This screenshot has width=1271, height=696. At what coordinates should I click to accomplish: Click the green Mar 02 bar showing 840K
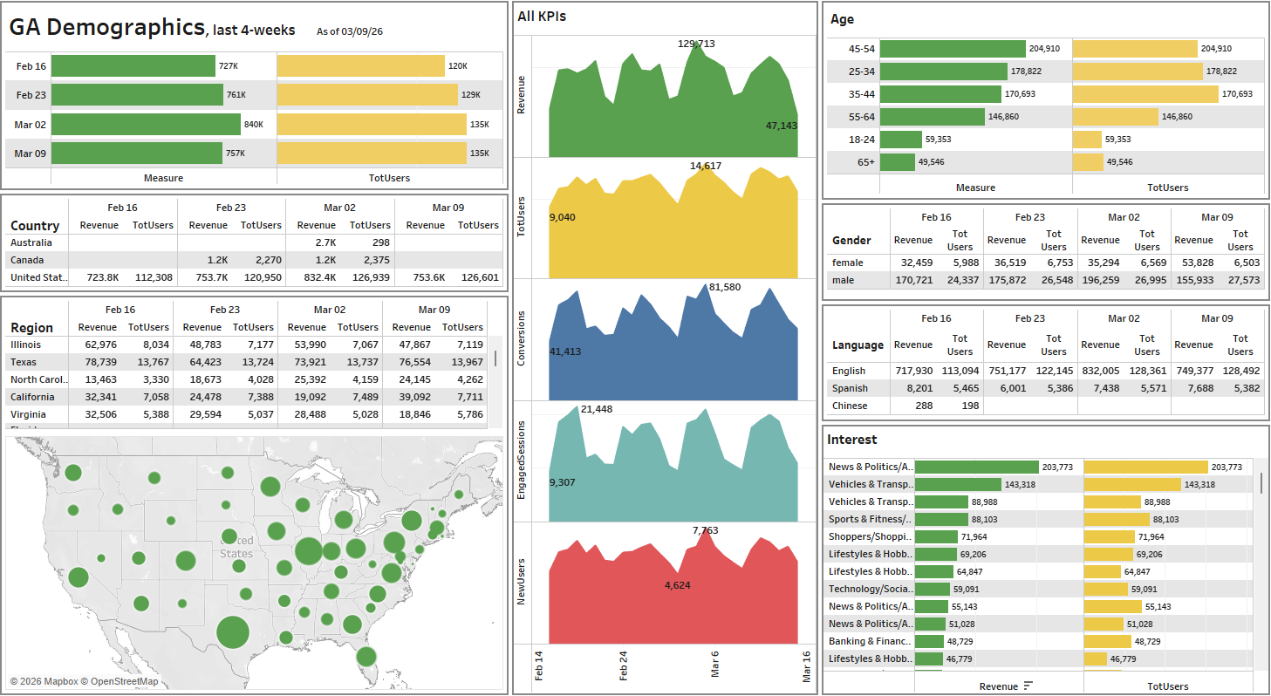coord(146,125)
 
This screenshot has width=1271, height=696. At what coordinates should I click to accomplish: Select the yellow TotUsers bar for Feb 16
coord(360,66)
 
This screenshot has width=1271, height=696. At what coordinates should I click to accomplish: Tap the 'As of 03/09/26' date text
coord(350,31)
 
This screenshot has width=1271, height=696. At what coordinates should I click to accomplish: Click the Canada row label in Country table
coord(26,260)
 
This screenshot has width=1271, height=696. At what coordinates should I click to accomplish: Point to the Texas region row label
coord(24,362)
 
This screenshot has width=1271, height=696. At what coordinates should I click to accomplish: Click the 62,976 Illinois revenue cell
coord(100,345)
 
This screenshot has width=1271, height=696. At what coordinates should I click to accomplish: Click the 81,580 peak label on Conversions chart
coord(725,287)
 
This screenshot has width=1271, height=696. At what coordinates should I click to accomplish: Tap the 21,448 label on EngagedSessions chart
coord(597,409)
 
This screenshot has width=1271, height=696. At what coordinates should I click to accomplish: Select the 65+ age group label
coord(865,161)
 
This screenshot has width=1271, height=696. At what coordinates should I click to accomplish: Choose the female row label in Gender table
coord(847,263)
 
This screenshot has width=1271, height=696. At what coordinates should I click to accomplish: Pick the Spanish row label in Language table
coord(850,388)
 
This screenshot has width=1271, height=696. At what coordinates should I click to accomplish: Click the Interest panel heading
coord(851,440)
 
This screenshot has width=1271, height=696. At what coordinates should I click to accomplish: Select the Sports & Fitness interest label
coord(869,519)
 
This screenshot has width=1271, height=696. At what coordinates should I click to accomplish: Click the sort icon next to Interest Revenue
coord(1028,686)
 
